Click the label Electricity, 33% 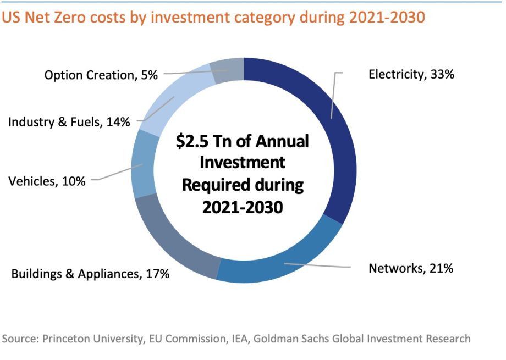coord(411,74)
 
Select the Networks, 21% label coord(411,269)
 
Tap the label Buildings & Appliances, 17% coord(90,273)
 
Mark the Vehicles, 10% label coord(47,181)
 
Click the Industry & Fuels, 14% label coord(69,122)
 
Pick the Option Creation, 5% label coord(101,75)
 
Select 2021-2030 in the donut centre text coord(242,207)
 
